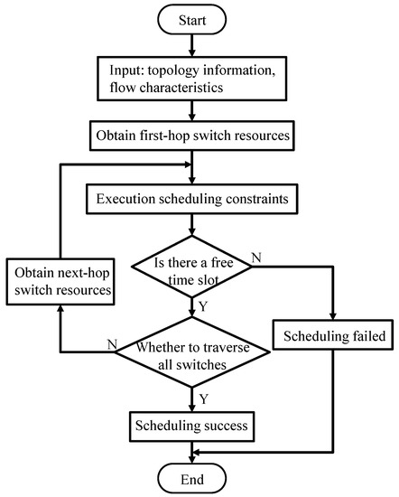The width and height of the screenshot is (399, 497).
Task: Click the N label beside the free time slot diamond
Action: point(258,260)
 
